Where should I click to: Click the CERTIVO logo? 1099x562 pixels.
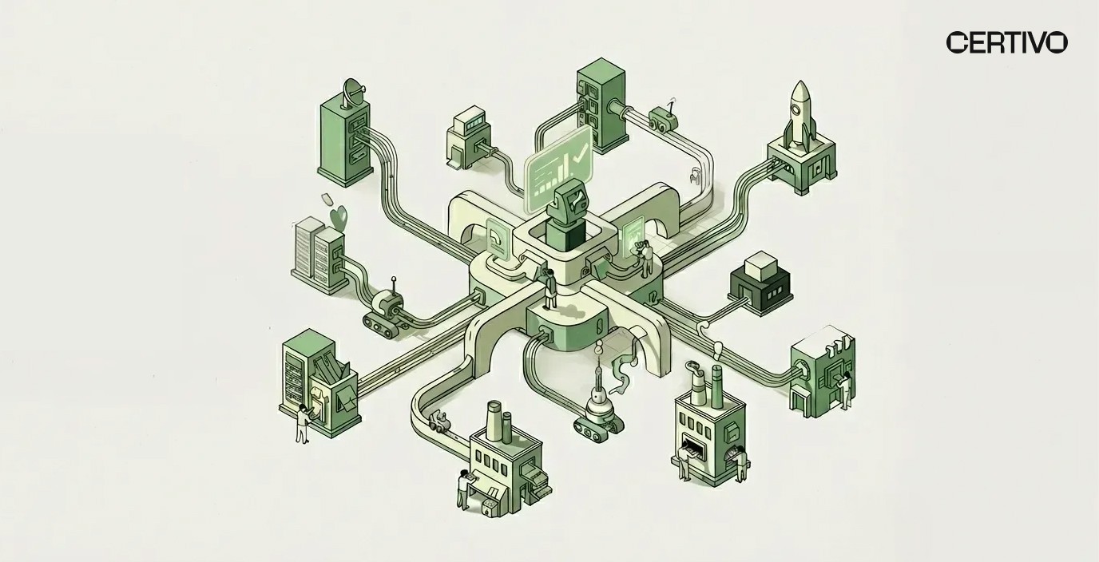pyautogui.click(x=1006, y=42)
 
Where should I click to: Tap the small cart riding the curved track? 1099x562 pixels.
pyautogui.click(x=439, y=421)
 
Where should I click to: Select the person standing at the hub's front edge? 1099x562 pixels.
pyautogui.click(x=550, y=289)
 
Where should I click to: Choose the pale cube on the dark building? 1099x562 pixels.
pyautogui.click(x=760, y=266)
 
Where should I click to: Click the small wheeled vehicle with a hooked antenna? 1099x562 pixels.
pyautogui.click(x=663, y=120)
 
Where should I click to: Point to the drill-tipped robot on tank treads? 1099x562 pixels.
pyautogui.click(x=600, y=403)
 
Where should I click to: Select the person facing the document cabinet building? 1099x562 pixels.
pyautogui.click(x=302, y=423)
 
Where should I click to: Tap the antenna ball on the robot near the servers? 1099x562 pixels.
pyautogui.click(x=393, y=280)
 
